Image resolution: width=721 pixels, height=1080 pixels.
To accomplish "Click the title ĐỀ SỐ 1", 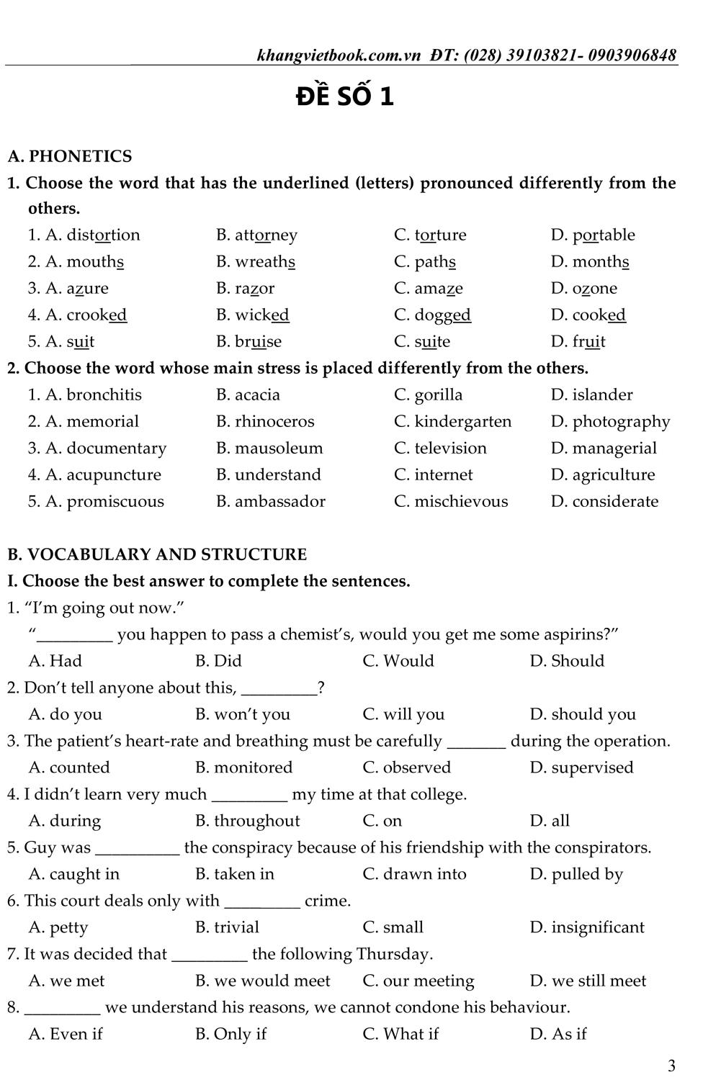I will click(x=345, y=96).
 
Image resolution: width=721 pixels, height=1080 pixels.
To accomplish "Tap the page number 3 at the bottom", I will click(x=671, y=1065).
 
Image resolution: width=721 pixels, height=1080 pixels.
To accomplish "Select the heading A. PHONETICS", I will click(x=70, y=156).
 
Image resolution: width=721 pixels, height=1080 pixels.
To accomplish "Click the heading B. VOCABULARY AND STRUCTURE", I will click(x=157, y=554).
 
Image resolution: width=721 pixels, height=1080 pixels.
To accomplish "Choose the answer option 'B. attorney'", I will click(x=256, y=235).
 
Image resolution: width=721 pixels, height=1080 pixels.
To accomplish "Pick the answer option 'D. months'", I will click(x=590, y=261).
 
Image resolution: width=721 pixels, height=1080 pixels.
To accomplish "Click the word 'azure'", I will click(x=87, y=288).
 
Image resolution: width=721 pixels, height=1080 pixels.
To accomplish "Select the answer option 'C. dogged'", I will click(x=432, y=315).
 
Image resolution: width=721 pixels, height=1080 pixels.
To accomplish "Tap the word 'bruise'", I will click(x=258, y=341).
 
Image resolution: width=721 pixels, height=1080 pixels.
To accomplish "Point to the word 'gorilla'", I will click(x=438, y=395).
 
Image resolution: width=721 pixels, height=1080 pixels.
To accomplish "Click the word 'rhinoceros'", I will click(x=274, y=421).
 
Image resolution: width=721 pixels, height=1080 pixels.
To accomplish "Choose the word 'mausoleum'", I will click(x=279, y=448).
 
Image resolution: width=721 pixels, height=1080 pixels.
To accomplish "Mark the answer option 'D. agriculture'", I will click(x=603, y=474).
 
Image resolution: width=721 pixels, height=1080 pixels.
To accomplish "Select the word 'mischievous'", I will click(x=461, y=501).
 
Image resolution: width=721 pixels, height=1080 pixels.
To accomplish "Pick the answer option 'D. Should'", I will click(x=567, y=661).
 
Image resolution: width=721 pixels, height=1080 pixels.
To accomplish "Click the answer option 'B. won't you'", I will click(x=243, y=714).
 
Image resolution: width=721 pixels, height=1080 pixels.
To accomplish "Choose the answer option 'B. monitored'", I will click(x=243, y=768).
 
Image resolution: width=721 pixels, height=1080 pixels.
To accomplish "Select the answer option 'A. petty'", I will click(x=58, y=927).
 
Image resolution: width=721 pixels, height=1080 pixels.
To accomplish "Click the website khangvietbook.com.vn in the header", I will click(x=339, y=55).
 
